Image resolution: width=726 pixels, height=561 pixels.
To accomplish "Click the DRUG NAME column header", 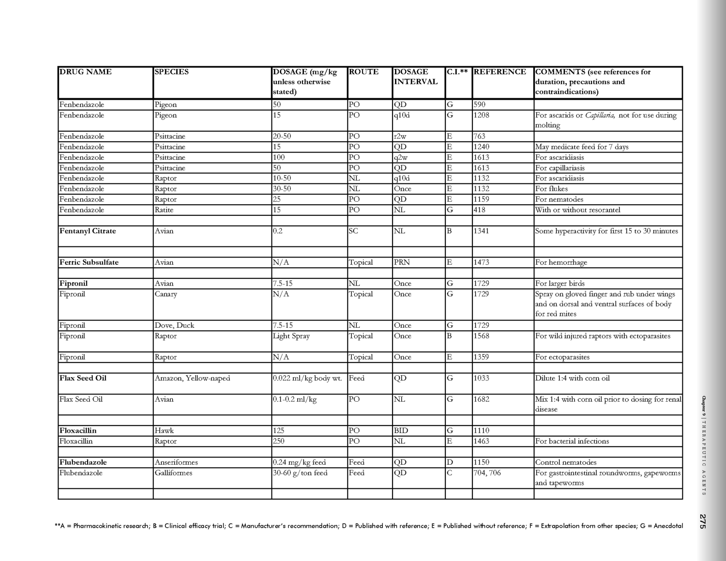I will (x=86, y=72).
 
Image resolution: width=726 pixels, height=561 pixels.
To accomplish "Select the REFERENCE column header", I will (x=500, y=72).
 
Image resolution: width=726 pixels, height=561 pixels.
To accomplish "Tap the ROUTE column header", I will (x=363, y=72).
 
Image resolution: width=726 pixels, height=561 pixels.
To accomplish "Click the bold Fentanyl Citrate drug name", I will (x=88, y=231).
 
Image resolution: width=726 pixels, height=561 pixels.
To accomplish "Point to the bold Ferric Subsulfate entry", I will (x=89, y=262).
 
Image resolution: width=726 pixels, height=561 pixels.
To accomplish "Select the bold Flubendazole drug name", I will (x=83, y=462).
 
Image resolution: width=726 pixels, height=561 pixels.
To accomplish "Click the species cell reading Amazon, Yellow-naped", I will (x=192, y=378).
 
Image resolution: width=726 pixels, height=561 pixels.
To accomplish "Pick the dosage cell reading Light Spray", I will (x=291, y=336).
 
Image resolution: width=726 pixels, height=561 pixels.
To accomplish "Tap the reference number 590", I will (x=480, y=105).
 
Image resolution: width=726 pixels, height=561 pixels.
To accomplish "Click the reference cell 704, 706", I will (x=487, y=473).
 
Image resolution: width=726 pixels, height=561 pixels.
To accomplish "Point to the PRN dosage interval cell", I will (x=402, y=262).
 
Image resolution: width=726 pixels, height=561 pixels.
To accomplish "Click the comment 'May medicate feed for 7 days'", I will (x=581, y=147).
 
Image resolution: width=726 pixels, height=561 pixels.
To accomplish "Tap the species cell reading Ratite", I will (x=164, y=210).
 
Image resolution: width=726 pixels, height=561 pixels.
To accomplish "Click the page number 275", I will (x=703, y=521).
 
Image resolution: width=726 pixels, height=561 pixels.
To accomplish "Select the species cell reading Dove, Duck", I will (x=174, y=325).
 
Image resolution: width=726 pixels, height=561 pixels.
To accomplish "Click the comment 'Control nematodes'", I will (x=565, y=462).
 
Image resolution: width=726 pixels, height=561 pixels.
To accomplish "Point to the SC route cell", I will (x=353, y=231).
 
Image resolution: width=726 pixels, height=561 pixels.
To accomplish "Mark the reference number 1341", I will (x=482, y=231).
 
